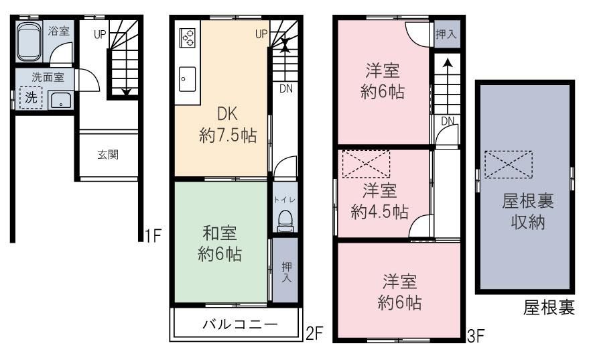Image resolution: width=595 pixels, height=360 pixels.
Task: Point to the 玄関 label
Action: pyautogui.click(x=108, y=155)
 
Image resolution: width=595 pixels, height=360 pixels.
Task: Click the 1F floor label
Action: pyautogui.click(x=153, y=235)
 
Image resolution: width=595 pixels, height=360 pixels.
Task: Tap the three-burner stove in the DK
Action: pyautogui.click(x=187, y=38)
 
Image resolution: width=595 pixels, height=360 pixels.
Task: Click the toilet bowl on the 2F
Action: pyautogui.click(x=285, y=220)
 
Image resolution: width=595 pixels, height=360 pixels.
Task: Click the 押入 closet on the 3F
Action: pyautogui.click(x=446, y=35)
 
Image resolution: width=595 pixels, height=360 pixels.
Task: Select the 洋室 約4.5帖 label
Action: pyautogui.click(x=380, y=201)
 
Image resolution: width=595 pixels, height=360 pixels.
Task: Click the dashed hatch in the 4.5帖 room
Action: pyautogui.click(x=366, y=164)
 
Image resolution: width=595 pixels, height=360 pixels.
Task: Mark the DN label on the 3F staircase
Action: pyautogui.click(x=447, y=121)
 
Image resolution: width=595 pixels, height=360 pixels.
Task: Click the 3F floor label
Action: pyautogui.click(x=476, y=333)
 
